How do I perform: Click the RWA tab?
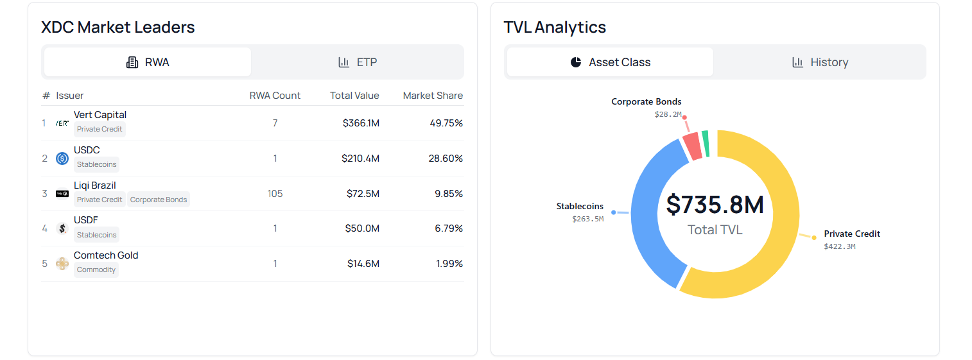point(148,62)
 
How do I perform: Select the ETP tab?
point(358,62)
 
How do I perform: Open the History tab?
point(820,62)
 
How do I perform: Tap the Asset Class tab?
point(610,62)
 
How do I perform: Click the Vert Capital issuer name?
point(100,115)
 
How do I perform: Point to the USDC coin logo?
point(62,159)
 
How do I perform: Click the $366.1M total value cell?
point(361,123)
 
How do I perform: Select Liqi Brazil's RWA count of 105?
point(275,194)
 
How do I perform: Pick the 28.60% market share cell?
point(446,159)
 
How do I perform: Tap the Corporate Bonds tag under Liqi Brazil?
point(159,200)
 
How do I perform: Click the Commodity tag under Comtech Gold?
point(96,270)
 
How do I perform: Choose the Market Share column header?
point(433,96)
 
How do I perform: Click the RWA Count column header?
point(275,96)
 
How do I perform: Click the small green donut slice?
point(706,144)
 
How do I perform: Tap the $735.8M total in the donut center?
point(715,205)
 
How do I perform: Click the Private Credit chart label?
point(852,234)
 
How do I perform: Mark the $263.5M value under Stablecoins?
point(587,219)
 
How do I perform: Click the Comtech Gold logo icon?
point(62,264)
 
